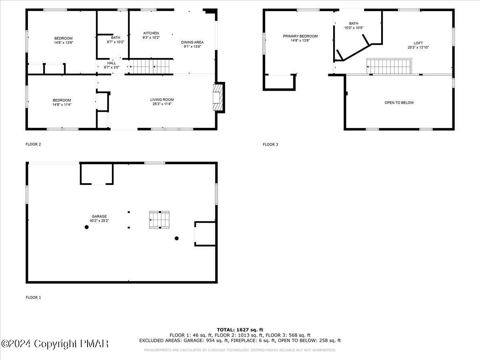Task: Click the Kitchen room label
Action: click(151, 35)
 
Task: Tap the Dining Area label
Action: click(192, 44)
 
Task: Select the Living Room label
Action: click(162, 102)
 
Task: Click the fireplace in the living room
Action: click(218, 97)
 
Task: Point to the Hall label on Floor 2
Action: click(112, 65)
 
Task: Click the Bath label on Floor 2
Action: click(116, 40)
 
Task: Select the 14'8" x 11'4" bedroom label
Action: click(62, 102)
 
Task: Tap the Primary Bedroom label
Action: click(300, 38)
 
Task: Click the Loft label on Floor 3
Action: click(418, 45)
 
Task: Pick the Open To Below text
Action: click(399, 103)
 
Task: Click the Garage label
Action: click(99, 218)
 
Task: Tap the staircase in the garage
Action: click(159, 220)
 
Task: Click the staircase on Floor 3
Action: click(389, 66)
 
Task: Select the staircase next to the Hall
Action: click(151, 66)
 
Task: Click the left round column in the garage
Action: click(86, 227)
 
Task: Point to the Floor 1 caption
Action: click(33, 298)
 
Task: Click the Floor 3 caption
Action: click(270, 144)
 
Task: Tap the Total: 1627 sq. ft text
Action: click(240, 330)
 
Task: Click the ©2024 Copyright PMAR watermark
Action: click(55, 344)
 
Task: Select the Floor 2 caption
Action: click(33, 144)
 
